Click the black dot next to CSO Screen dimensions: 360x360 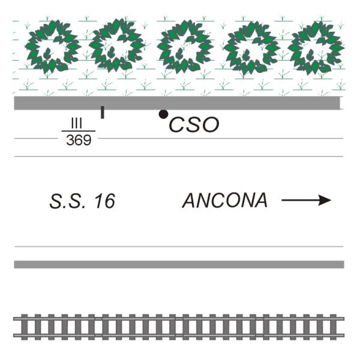(x=163, y=114)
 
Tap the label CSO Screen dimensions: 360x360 (x=194, y=125)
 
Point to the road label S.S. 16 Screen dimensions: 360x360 (x=82, y=202)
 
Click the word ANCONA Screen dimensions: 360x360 (x=225, y=200)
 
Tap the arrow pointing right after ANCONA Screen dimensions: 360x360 (x=306, y=200)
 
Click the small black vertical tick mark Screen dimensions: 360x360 (x=102, y=112)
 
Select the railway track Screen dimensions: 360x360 (x=179, y=327)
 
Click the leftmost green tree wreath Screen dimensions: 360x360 (x=55, y=47)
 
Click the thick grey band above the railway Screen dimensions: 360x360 (x=179, y=265)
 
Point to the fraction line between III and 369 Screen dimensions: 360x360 (x=79, y=131)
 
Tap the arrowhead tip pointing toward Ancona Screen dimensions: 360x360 (x=330, y=200)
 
